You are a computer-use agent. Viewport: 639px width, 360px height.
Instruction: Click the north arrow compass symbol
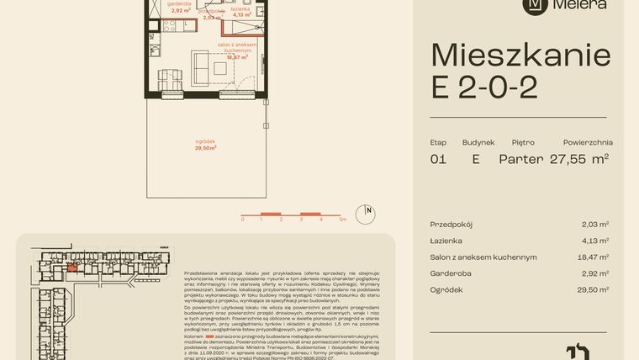pyautogui.click(x=367, y=212)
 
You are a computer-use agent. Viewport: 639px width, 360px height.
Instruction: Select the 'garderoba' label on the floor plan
pyautogui.click(x=179, y=4)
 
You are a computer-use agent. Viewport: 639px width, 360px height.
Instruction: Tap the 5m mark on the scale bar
pyautogui.click(x=341, y=220)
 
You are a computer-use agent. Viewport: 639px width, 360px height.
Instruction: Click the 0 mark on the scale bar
pyautogui.click(x=242, y=220)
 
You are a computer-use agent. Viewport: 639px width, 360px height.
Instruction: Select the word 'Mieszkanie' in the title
pyautogui.click(x=520, y=56)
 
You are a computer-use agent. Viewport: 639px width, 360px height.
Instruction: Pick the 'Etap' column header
pyautogui.click(x=438, y=142)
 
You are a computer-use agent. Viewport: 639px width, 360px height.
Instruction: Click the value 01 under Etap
pyautogui.click(x=438, y=159)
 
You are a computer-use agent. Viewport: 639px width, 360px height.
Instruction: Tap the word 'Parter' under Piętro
pyautogui.click(x=520, y=159)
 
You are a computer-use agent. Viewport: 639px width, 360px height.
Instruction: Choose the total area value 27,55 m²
pyautogui.click(x=579, y=158)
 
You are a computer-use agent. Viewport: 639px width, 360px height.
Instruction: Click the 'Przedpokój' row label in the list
pyautogui.click(x=451, y=225)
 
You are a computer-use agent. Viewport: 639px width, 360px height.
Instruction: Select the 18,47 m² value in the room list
pyautogui.click(x=594, y=257)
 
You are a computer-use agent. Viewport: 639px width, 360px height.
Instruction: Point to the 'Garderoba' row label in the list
pyautogui.click(x=451, y=273)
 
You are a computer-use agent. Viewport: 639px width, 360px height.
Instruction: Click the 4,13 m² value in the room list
pyautogui.click(x=594, y=241)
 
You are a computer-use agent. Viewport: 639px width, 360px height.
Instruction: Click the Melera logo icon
pyautogui.click(x=534, y=5)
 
